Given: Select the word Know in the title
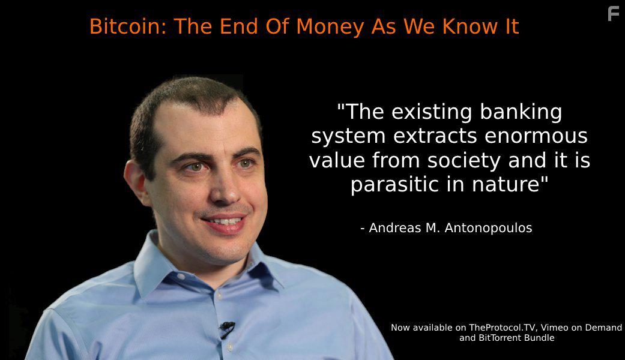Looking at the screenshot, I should [x=465, y=26].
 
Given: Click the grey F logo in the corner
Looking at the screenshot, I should [x=613, y=13].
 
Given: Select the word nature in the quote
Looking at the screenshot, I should [x=510, y=184].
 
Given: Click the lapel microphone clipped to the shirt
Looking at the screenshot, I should [x=226, y=328].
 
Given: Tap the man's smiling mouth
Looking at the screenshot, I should [x=225, y=222].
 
